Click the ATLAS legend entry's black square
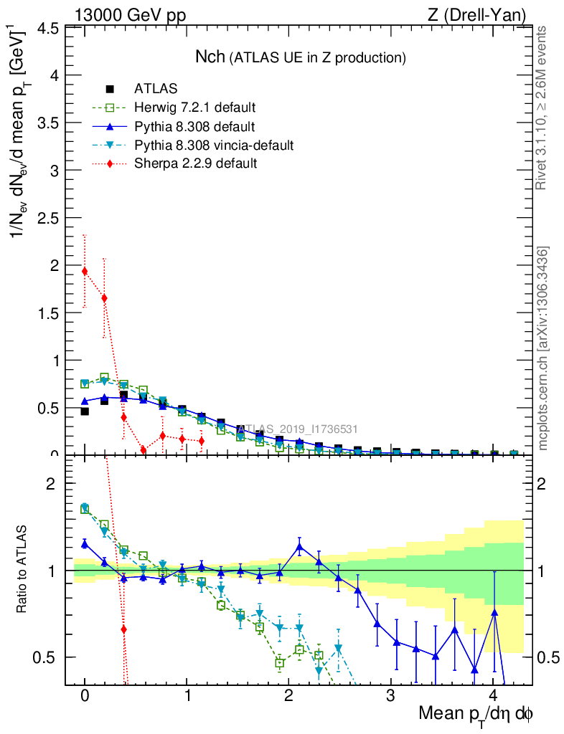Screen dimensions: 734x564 click(x=110, y=89)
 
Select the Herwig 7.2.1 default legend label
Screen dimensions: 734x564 click(x=195, y=108)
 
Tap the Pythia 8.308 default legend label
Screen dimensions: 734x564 click(x=194, y=127)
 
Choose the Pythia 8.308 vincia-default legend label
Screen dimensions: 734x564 click(x=214, y=146)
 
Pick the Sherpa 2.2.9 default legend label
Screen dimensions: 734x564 click(x=195, y=164)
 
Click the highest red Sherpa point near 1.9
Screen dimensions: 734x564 click(x=85, y=271)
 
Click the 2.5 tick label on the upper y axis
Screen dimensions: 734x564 click(x=47, y=218)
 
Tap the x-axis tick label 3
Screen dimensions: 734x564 click(x=391, y=696)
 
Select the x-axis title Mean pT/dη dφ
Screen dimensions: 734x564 click(x=475, y=714)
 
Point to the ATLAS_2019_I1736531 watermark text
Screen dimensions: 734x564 click(x=296, y=429)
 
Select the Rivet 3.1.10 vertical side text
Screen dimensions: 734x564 click(x=542, y=108)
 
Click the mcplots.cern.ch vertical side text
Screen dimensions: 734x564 click(x=543, y=348)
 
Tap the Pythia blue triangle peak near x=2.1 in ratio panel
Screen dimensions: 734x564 click(x=299, y=547)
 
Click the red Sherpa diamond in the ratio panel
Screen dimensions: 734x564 click(x=124, y=629)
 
